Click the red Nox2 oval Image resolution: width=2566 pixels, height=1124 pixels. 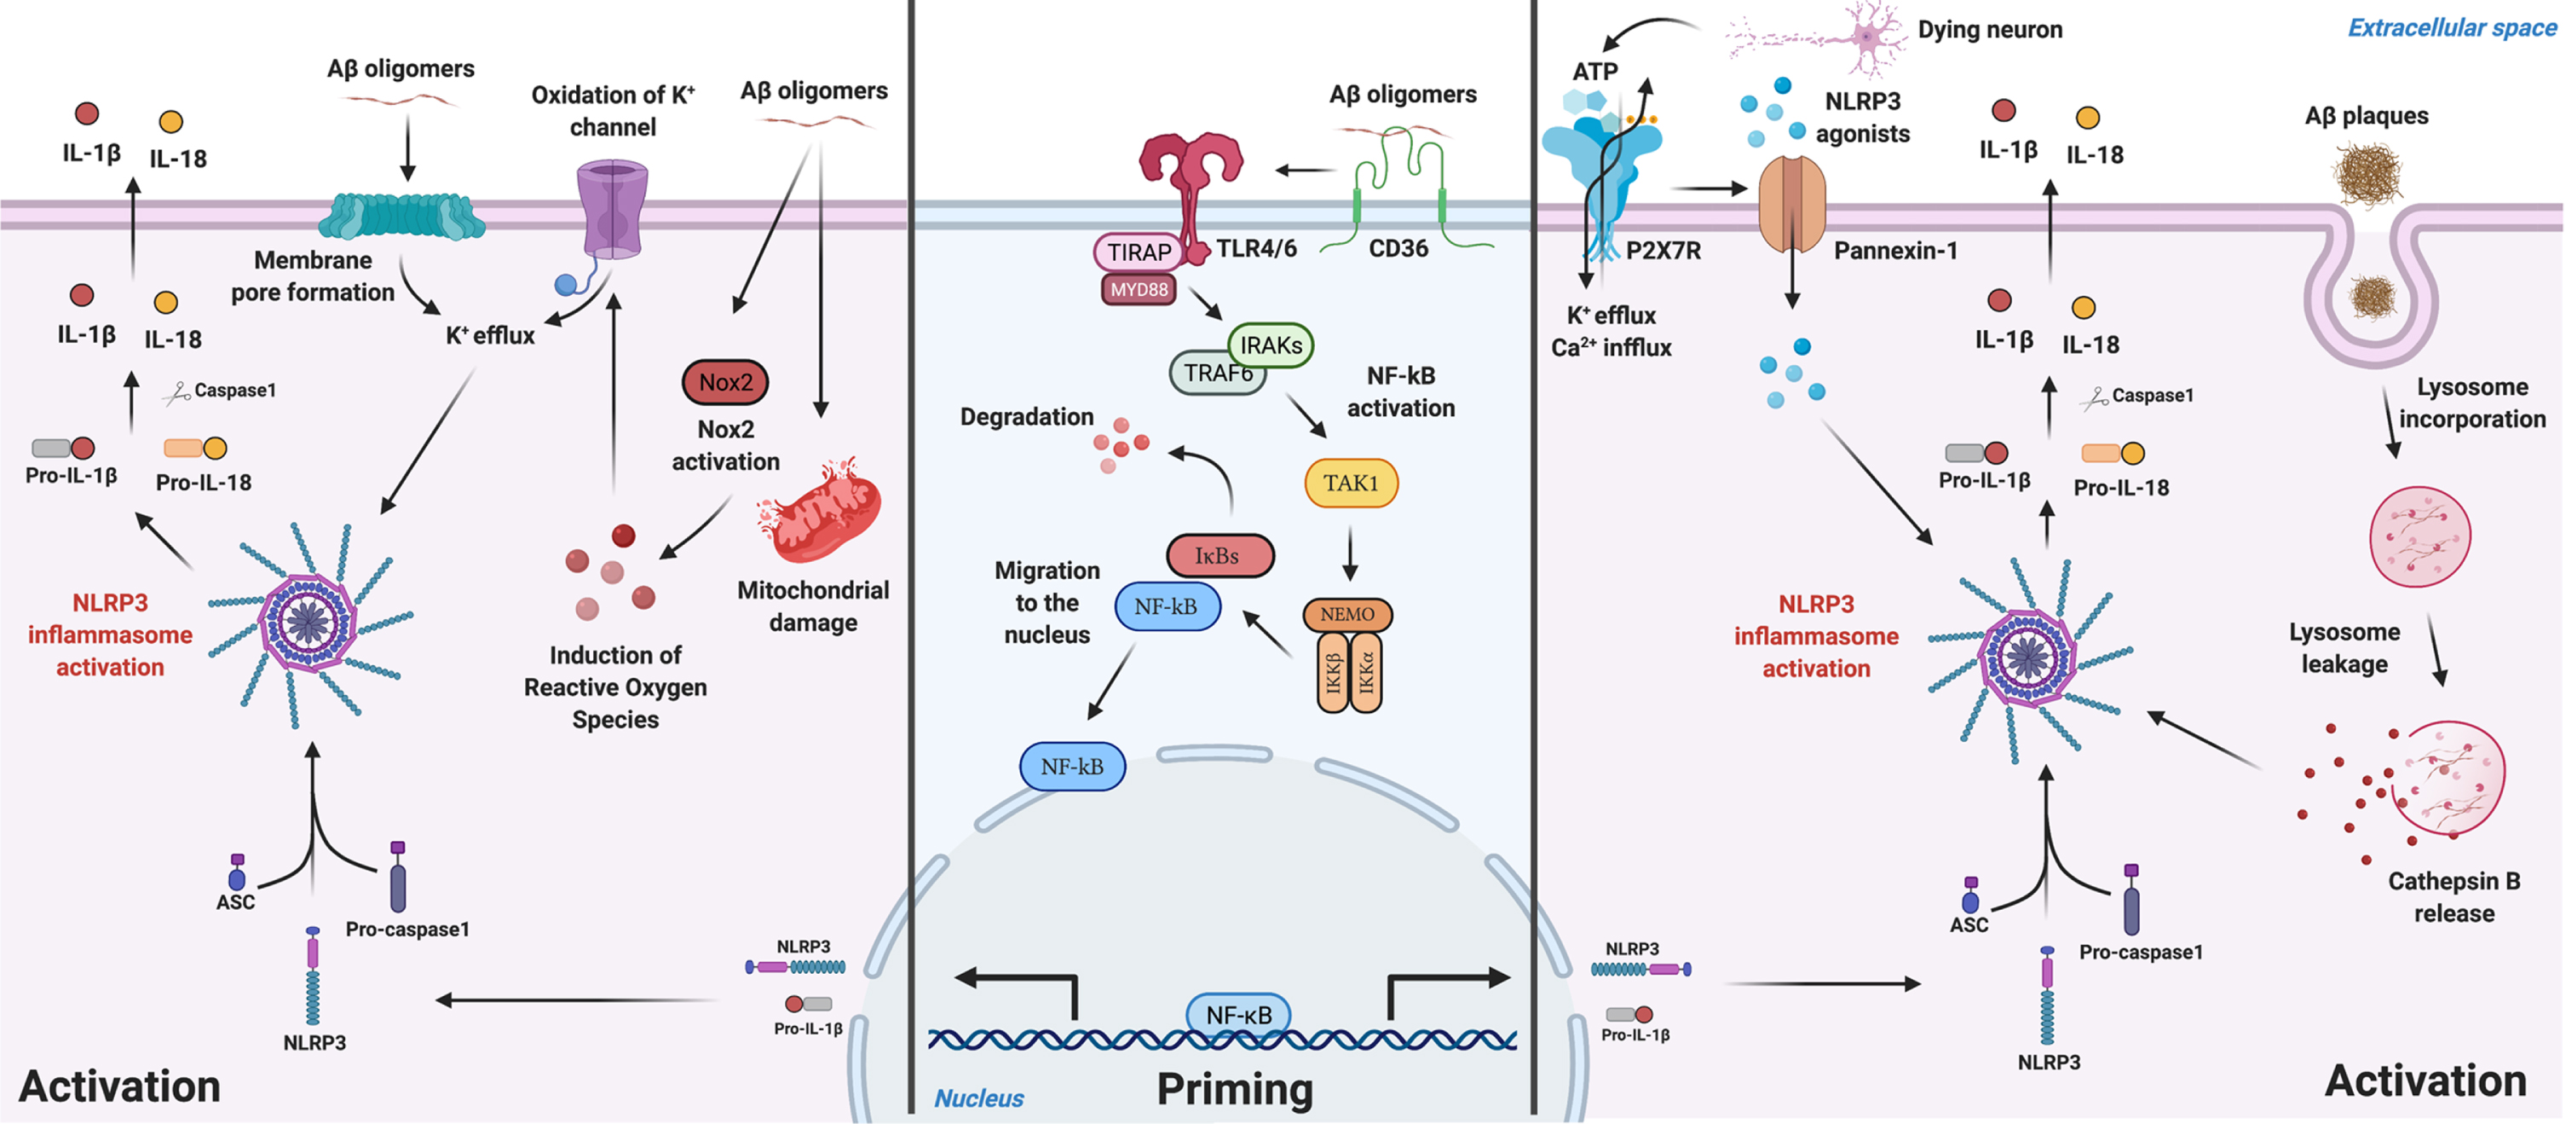point(725,382)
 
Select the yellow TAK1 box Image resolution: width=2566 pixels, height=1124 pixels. point(1351,484)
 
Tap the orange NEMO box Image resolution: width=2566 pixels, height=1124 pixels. point(1347,615)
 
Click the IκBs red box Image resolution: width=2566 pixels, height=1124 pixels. point(1220,556)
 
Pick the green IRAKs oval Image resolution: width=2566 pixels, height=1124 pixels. point(1271,345)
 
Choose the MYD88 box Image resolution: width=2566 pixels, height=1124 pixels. point(1139,290)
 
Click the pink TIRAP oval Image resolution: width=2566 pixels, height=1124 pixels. point(1139,252)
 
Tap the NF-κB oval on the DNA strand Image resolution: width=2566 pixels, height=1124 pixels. point(1238,1014)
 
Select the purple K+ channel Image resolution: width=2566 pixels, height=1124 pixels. point(612,209)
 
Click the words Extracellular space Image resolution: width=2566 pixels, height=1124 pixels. point(2453,28)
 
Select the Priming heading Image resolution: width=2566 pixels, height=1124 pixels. point(1235,1089)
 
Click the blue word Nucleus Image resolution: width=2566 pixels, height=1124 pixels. point(978,1098)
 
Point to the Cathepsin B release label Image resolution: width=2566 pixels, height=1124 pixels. point(2454,897)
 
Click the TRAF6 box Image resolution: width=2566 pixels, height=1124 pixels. point(1217,373)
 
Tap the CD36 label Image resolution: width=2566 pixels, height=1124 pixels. point(1398,248)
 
